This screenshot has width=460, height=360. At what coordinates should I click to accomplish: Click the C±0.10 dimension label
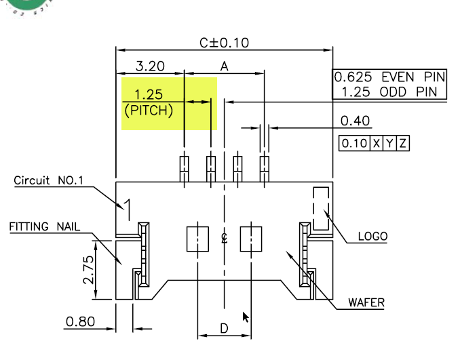[224, 43]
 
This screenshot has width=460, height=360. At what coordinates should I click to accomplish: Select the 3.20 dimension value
[150, 66]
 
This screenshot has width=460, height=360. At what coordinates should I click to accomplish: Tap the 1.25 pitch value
[149, 94]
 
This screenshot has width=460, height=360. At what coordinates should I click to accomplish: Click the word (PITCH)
[149, 111]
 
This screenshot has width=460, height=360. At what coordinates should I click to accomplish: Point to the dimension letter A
[225, 66]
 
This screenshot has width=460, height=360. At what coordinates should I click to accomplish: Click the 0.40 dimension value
[355, 121]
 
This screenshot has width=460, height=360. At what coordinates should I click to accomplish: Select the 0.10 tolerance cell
[354, 143]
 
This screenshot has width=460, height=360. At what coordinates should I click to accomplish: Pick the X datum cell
[376, 143]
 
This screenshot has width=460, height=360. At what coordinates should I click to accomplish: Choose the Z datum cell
[402, 143]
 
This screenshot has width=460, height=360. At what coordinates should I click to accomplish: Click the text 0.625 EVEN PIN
[389, 77]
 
